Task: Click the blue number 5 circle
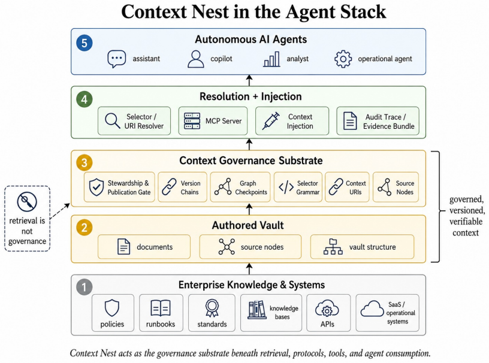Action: click(84, 43)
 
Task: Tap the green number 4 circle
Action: click(84, 99)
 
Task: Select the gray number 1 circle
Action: click(84, 287)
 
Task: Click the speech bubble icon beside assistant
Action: click(117, 59)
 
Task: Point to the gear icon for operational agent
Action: click(343, 59)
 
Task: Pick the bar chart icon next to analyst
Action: click(271, 59)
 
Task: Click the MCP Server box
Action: click(213, 121)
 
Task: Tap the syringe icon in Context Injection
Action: click(271, 121)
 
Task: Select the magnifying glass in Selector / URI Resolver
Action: click(112, 121)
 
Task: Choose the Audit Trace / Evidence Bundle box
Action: click(378, 121)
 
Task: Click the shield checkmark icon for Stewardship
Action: click(96, 187)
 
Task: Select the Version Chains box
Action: click(182, 187)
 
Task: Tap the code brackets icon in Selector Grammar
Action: click(286, 187)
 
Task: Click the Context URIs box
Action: click(347, 187)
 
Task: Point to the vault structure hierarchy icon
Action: click(333, 247)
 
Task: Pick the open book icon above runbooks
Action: click(160, 308)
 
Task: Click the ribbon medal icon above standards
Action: click(212, 308)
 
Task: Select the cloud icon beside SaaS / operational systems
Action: click(372, 308)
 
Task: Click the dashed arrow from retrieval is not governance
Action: click(60, 211)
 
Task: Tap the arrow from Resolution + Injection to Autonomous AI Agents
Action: click(249, 80)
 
